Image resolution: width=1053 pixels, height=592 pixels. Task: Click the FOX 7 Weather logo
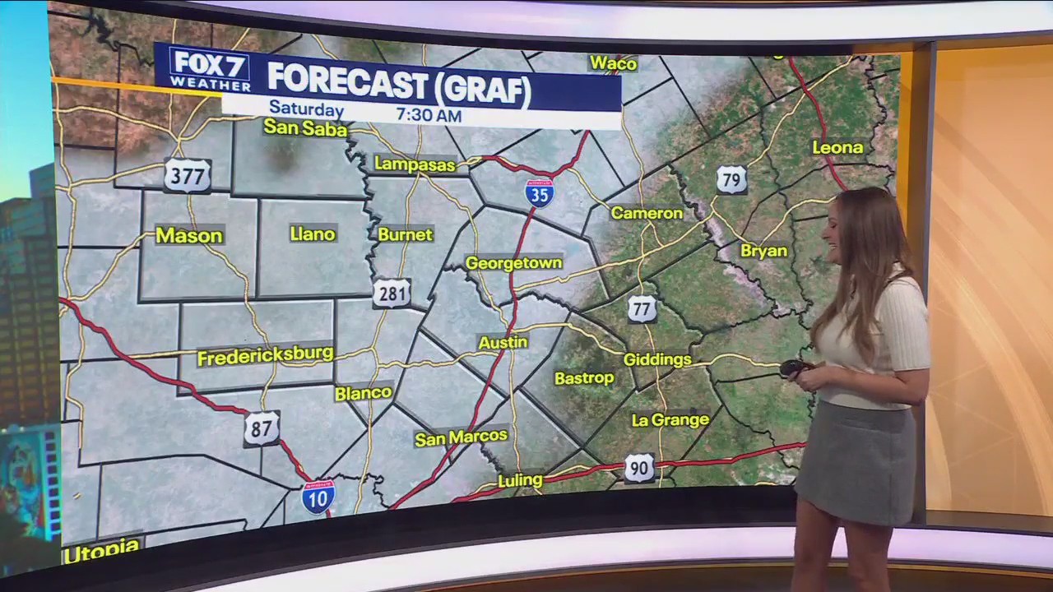tap(211, 69)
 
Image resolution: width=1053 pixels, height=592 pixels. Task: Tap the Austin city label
tap(503, 342)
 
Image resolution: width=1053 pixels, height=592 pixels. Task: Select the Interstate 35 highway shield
tap(540, 192)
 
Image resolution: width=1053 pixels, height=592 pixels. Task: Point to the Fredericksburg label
tap(265, 356)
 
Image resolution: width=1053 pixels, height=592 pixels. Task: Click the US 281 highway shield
tap(392, 294)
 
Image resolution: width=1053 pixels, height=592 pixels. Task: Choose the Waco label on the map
tap(614, 63)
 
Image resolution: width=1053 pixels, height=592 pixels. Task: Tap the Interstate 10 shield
tap(318, 497)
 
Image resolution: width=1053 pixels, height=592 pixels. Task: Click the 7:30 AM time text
tap(429, 115)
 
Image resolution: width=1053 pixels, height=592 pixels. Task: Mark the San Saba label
tap(305, 128)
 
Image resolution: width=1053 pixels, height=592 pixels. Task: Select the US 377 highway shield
tap(188, 175)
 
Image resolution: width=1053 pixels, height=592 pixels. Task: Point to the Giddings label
tap(657, 359)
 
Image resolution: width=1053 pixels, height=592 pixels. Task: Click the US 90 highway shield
tap(639, 468)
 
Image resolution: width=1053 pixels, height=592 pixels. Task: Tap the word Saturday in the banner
tap(306, 109)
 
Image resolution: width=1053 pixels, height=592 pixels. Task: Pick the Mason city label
tap(189, 236)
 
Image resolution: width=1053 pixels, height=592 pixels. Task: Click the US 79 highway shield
tap(731, 178)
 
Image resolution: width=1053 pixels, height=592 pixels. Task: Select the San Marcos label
tap(462, 437)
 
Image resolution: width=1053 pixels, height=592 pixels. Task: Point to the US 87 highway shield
tap(262, 428)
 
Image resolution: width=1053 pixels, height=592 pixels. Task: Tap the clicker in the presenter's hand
tap(794, 368)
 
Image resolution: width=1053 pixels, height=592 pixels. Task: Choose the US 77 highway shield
tap(642, 309)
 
